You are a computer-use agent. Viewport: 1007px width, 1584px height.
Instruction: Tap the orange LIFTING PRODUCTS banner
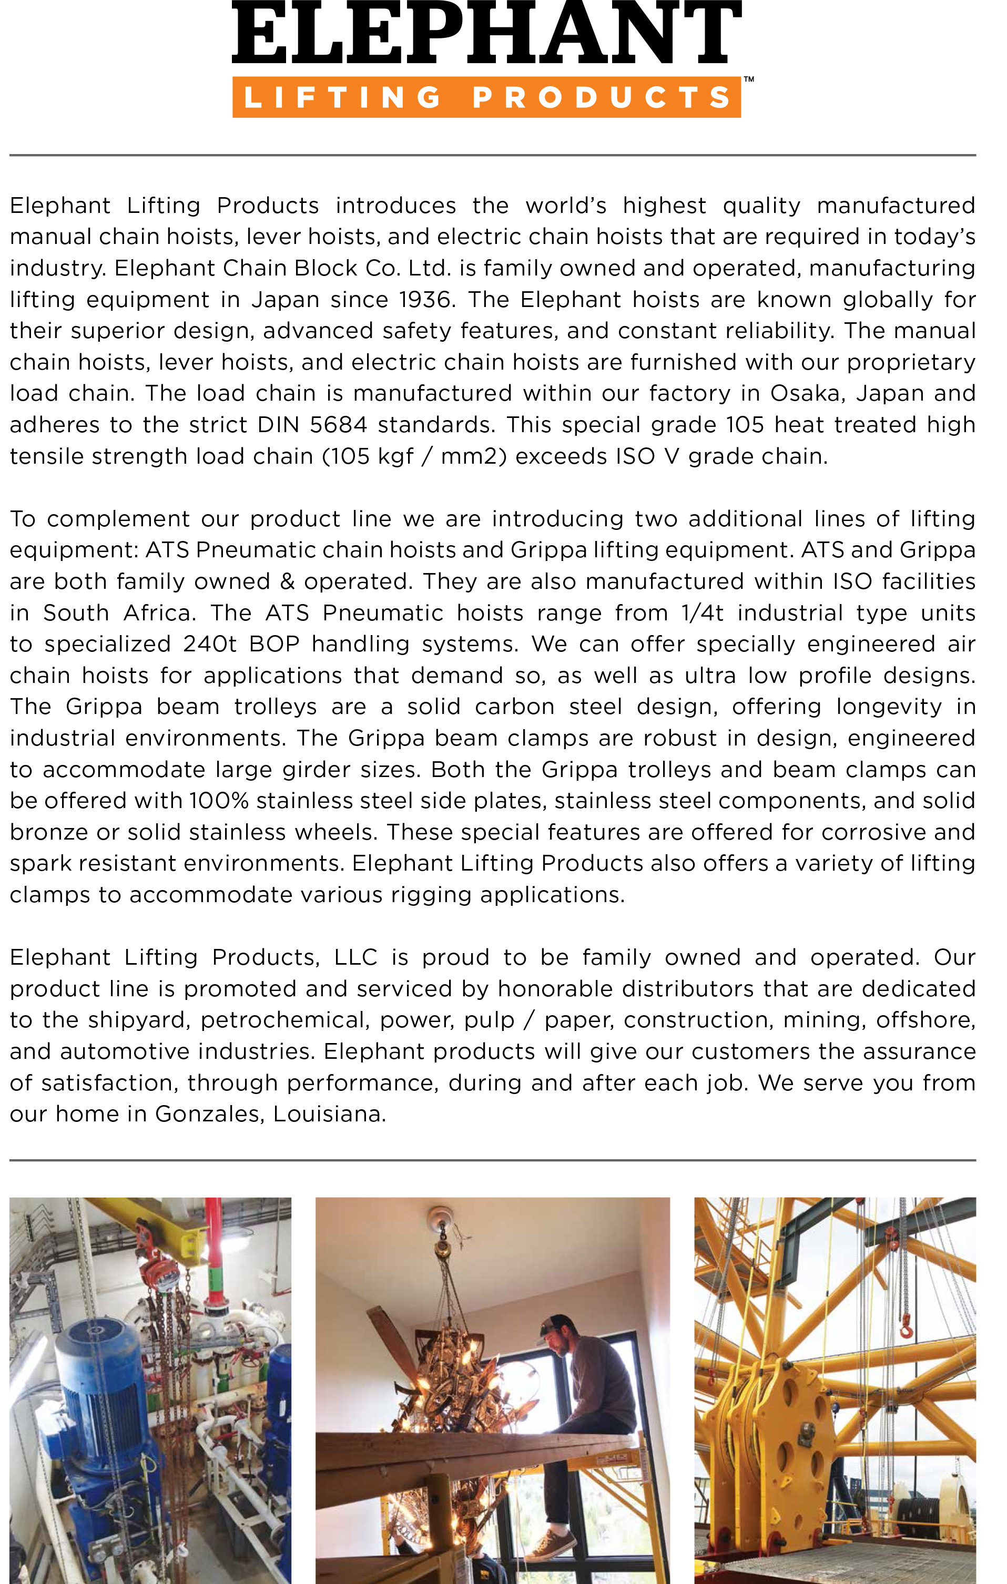point(486,97)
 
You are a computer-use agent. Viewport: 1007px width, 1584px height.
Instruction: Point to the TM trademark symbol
point(748,79)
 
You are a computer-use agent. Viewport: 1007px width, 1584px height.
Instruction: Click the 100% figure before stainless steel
point(219,801)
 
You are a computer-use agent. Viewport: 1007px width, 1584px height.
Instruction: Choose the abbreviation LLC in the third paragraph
point(355,957)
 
